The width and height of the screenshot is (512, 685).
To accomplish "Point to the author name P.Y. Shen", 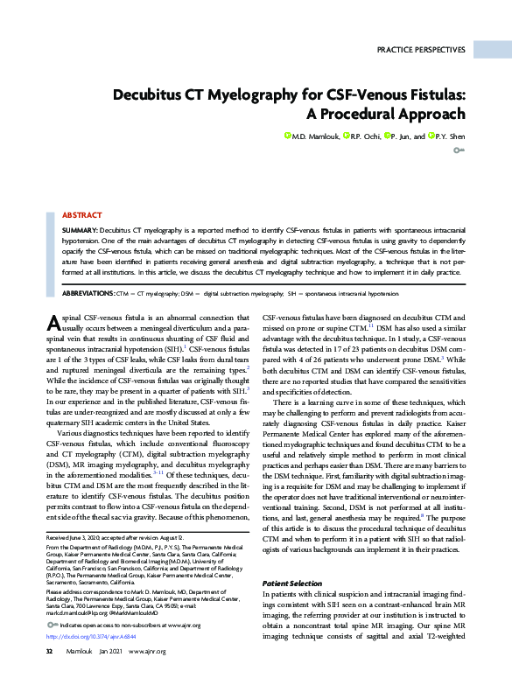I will click(449, 136).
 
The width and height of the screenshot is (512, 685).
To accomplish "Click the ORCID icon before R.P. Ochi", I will click(347, 136).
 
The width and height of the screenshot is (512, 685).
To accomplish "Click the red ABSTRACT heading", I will click(82, 214).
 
